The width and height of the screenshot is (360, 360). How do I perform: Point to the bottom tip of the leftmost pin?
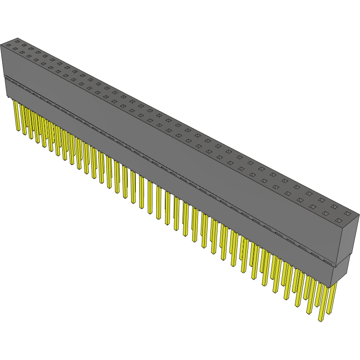18,130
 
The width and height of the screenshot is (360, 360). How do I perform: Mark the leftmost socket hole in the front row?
8,45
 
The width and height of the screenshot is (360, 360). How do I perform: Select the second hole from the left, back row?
23,47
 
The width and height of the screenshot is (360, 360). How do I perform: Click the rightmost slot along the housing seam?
328,261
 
